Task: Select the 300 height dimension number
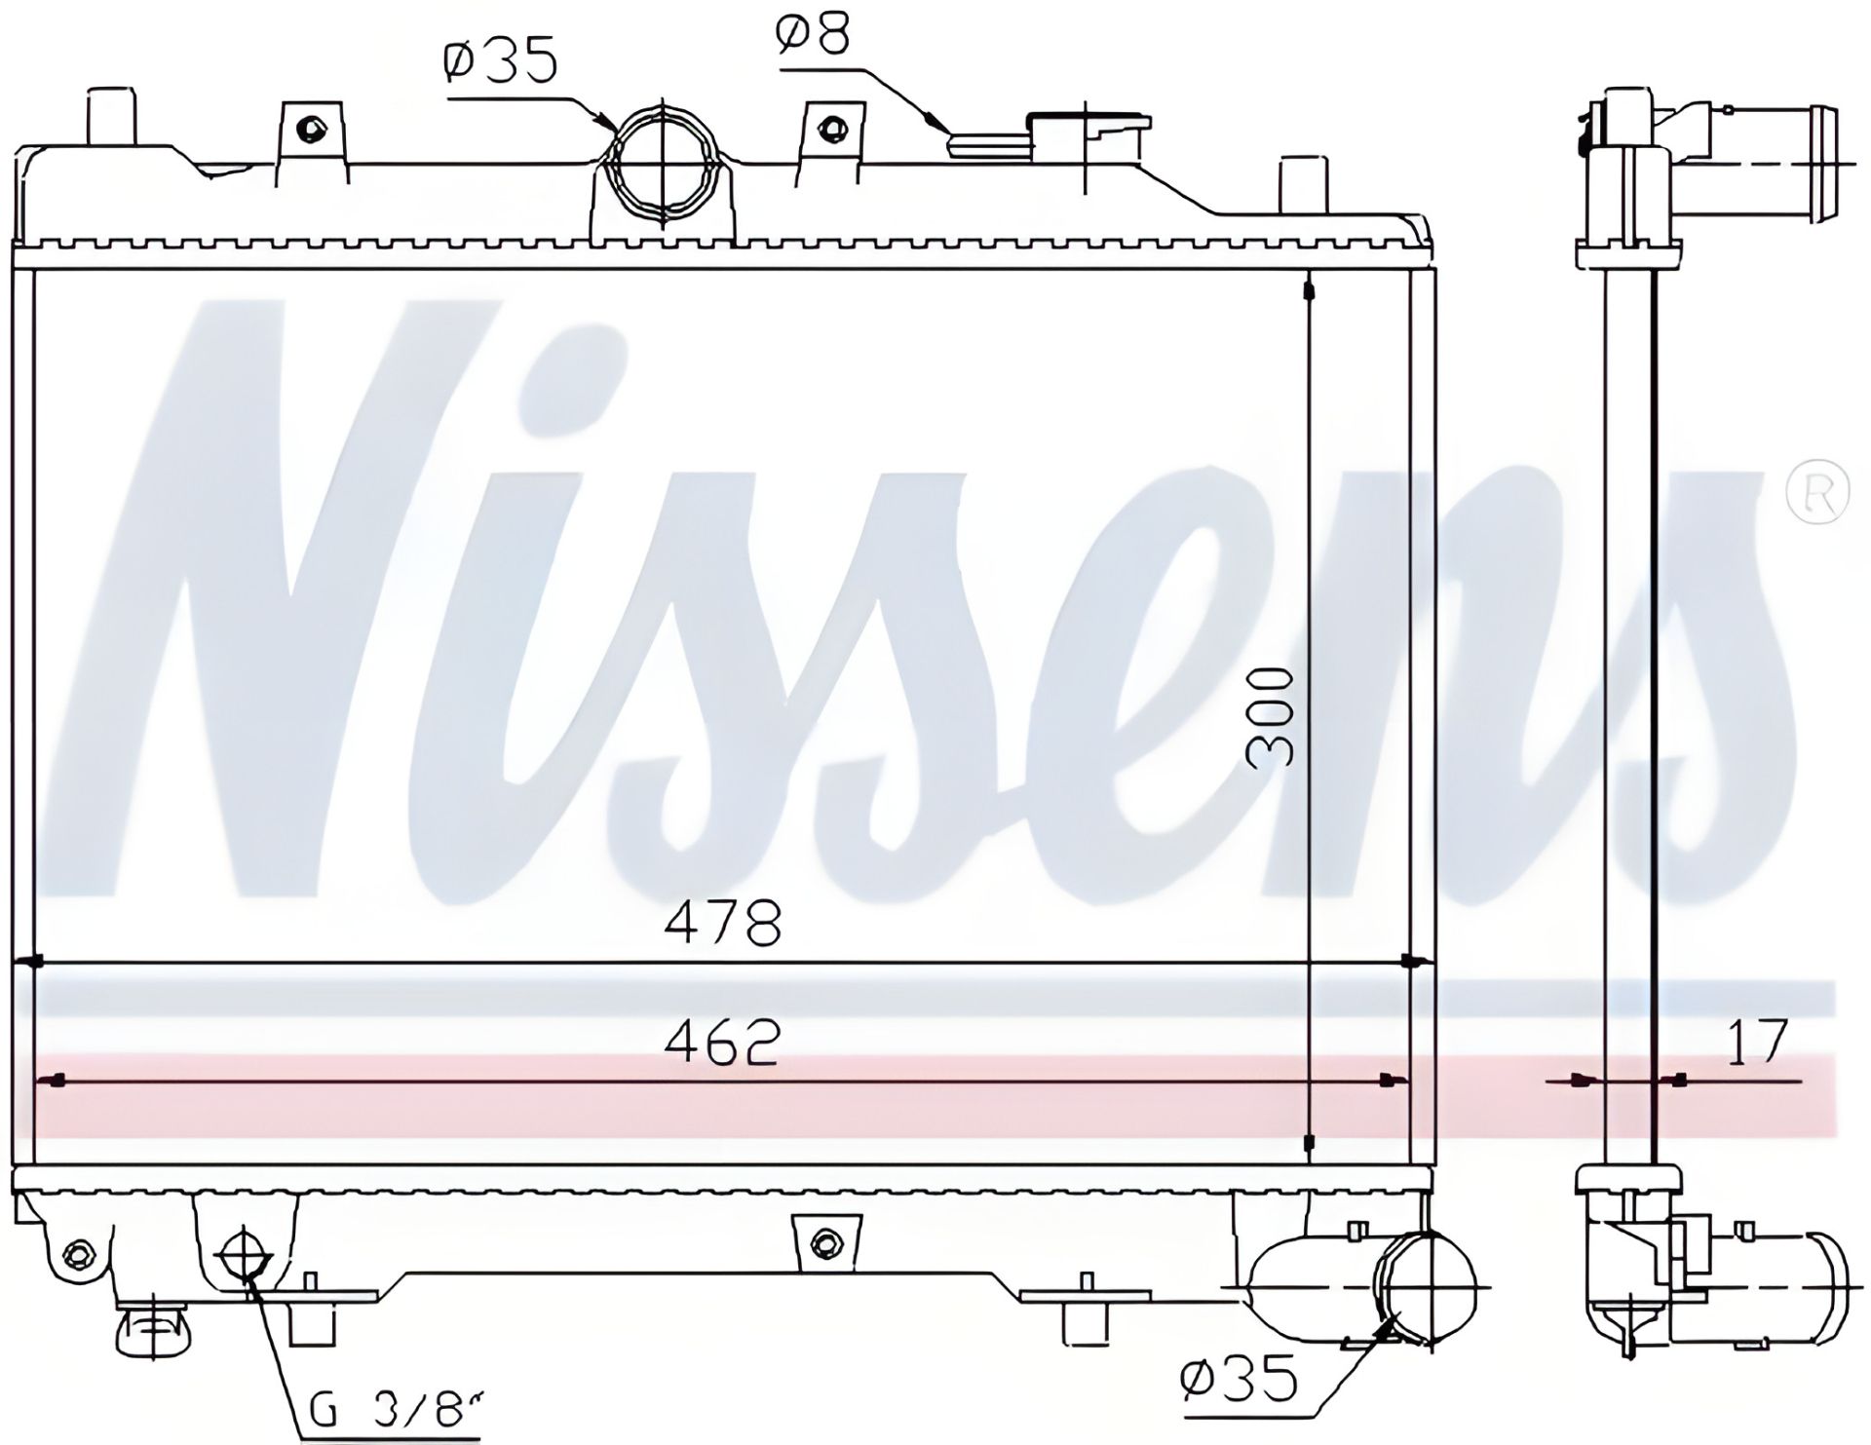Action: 1273,717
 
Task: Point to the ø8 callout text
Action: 813,33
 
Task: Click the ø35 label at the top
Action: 501,61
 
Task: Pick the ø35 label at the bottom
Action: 1239,1378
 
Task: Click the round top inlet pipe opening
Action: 663,165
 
